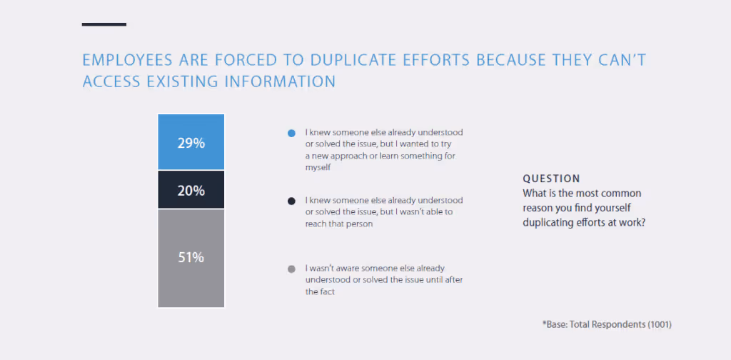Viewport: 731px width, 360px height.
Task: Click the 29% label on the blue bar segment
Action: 191,143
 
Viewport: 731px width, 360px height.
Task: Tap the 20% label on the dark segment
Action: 191,191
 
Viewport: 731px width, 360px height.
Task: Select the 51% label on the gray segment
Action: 191,258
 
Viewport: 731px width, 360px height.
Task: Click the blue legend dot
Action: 291,134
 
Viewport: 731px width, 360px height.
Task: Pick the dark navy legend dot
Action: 291,201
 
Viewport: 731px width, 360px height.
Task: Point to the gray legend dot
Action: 291,269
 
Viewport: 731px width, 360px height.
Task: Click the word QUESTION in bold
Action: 551,179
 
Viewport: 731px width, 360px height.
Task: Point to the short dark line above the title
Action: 104,24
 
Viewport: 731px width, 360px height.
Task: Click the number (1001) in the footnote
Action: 660,324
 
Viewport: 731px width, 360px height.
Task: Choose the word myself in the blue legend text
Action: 319,167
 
